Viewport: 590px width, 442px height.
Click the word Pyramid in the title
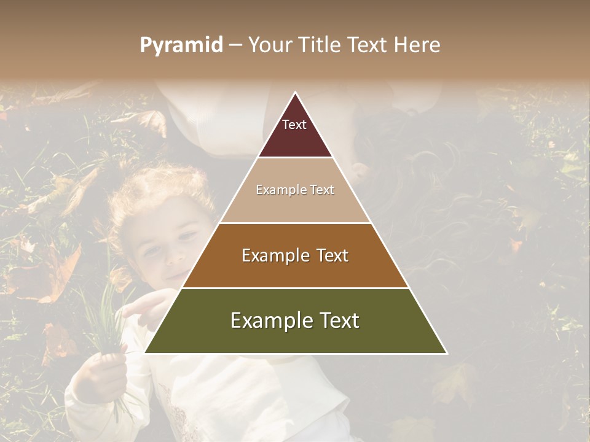181,45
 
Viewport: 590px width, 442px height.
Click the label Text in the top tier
294,125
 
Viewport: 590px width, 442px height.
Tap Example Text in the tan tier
295,190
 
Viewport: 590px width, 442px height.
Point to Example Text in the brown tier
295,255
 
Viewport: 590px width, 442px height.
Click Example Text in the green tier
295,320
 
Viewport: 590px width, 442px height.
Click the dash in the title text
235,45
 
